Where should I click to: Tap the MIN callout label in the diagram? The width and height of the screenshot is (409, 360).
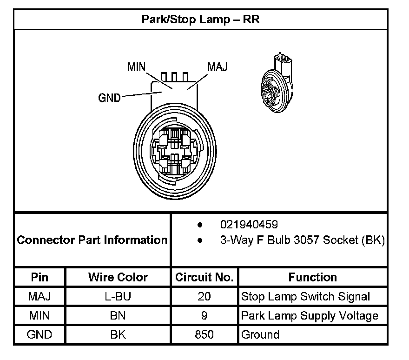point(137,67)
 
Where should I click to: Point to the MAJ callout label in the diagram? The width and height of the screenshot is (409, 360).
point(217,67)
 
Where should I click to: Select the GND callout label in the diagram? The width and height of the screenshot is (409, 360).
point(110,98)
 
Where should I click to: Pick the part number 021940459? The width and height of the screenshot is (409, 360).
point(249,225)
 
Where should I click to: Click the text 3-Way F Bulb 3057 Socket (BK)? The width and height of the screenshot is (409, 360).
point(302,240)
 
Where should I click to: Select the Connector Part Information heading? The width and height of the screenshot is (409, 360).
point(92,240)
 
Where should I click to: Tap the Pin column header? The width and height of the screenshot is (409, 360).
point(40,278)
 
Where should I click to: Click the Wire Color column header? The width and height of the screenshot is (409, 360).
point(118,278)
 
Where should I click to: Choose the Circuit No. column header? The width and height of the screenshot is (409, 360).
point(204,278)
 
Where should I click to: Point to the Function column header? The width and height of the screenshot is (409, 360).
point(313,278)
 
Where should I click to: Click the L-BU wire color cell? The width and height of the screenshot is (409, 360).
point(118,297)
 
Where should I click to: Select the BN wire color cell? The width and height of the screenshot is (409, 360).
point(118,316)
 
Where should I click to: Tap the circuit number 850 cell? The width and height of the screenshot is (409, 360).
point(204,334)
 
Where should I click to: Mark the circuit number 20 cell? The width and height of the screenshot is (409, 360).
point(204,297)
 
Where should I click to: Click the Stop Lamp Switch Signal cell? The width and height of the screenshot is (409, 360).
point(305,297)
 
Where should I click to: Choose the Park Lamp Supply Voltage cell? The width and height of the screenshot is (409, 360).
point(310,316)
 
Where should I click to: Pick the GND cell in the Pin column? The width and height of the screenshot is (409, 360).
point(40,334)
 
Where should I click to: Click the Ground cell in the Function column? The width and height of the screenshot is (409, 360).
point(260,334)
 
